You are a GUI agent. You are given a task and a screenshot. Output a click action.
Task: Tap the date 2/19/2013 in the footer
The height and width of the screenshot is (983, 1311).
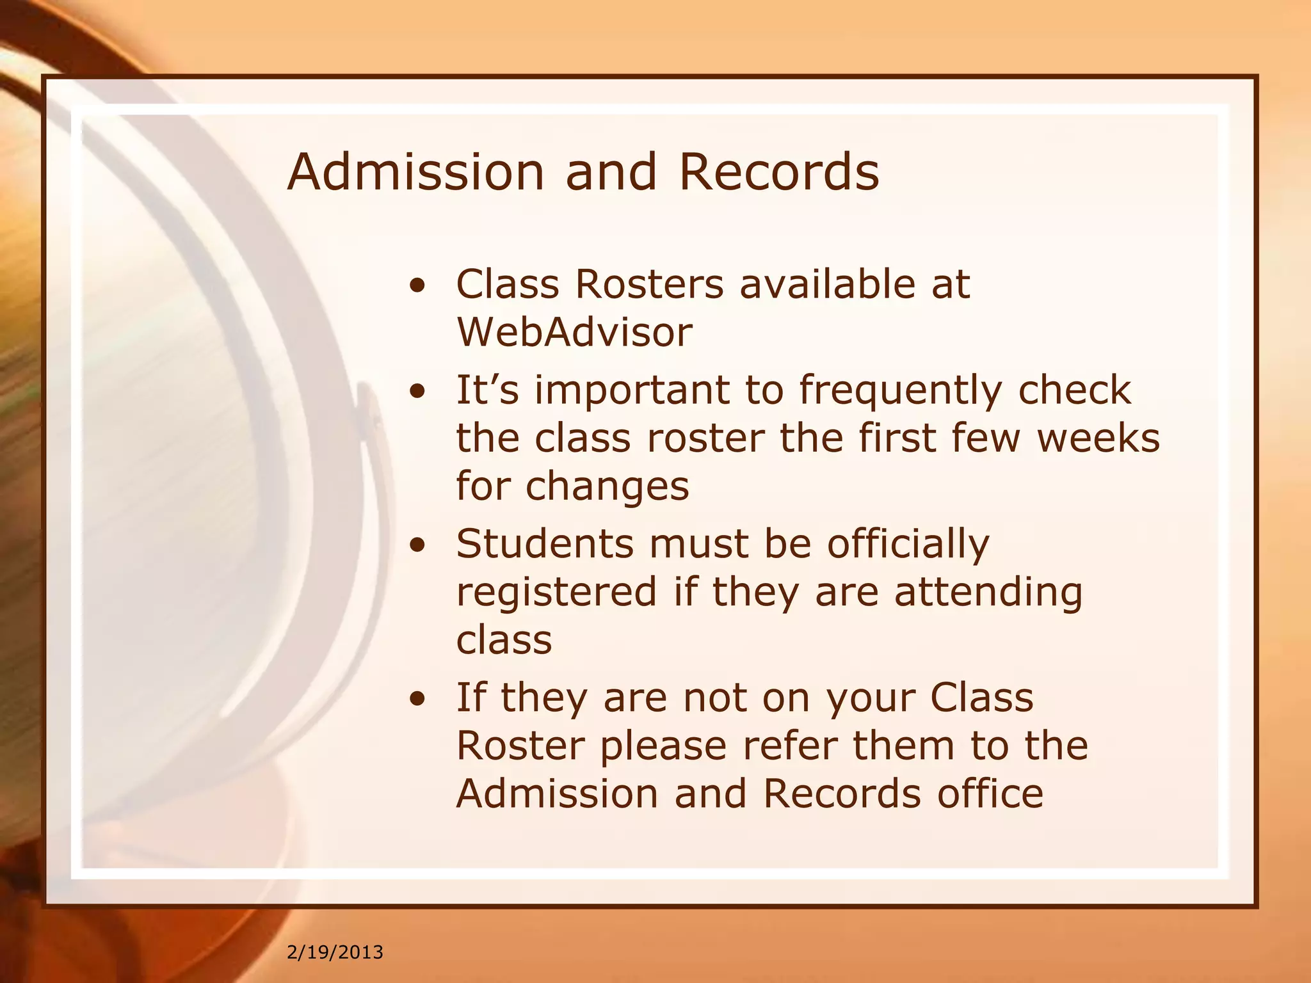pos(335,952)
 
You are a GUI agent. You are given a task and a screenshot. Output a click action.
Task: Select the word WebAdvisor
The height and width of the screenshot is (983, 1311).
pos(574,332)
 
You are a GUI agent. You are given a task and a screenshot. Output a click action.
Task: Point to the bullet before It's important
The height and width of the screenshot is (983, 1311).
pos(417,392)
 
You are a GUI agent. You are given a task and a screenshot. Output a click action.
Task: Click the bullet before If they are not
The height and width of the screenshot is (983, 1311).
pos(417,699)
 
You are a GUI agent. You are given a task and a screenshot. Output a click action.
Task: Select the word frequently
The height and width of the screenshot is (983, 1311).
pos(900,390)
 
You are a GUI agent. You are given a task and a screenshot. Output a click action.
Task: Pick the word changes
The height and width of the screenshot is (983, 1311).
pos(607,486)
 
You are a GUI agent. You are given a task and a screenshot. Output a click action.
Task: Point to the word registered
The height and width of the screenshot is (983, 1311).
pos(556,592)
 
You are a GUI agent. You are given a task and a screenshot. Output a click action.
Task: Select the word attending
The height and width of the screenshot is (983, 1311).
pos(988,592)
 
